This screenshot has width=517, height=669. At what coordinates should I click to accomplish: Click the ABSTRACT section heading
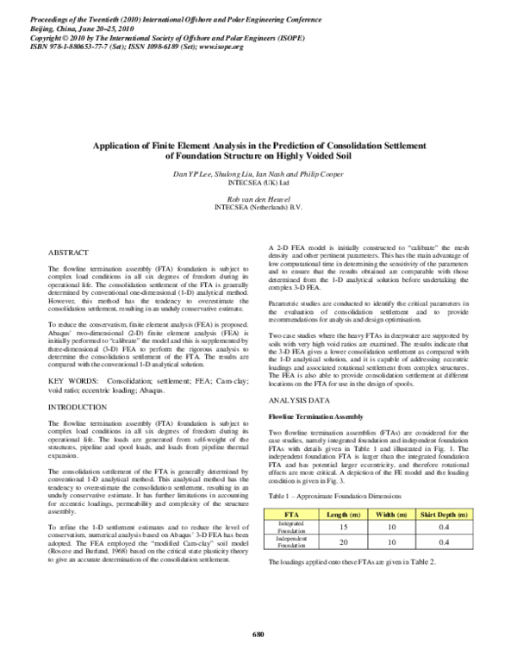click(67, 254)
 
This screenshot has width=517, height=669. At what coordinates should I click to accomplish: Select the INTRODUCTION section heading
click(78, 406)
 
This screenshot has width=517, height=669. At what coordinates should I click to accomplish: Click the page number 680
click(258, 635)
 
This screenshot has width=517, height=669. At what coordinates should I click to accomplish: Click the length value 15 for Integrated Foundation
click(344, 526)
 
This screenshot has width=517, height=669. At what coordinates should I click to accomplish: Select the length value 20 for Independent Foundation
click(344, 542)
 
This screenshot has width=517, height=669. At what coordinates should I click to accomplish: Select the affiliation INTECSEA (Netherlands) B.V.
click(258, 207)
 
